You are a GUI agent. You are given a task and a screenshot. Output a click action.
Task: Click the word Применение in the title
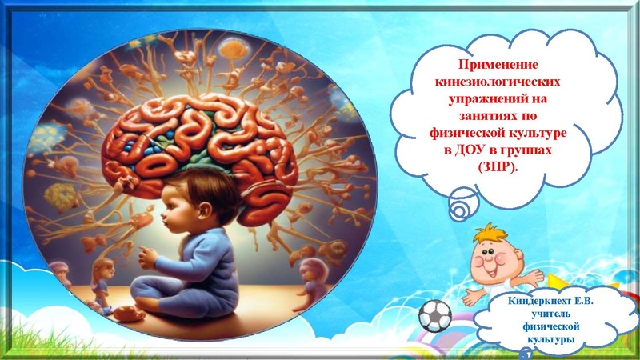pyautogui.click(x=498, y=65)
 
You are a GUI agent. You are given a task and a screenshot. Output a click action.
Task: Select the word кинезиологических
pyautogui.click(x=498, y=82)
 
